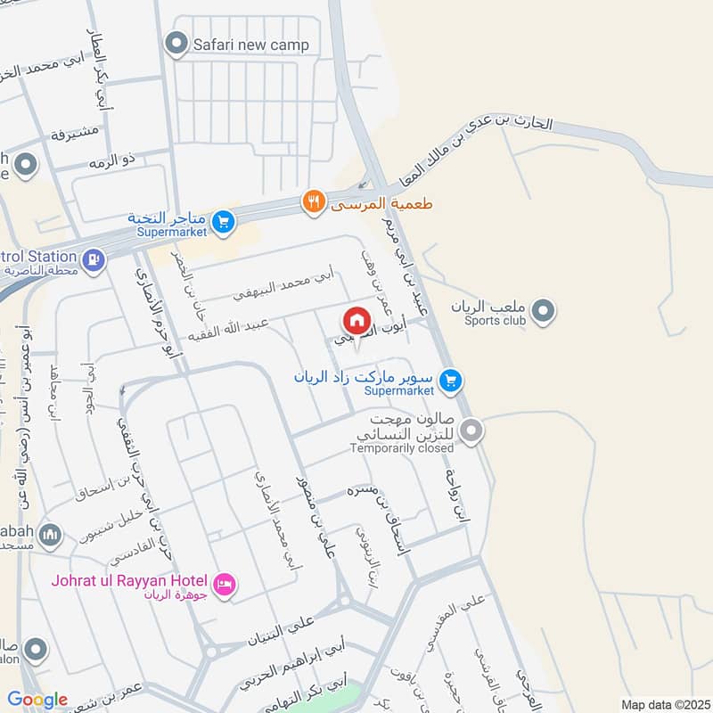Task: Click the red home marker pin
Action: click(356, 320)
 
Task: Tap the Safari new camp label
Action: click(252, 45)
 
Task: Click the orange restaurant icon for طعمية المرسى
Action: click(312, 202)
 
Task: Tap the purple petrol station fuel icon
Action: click(93, 260)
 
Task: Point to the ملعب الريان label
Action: click(489, 306)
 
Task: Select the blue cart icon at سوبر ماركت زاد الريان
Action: click(452, 381)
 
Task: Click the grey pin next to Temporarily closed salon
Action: click(472, 430)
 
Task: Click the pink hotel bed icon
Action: click(225, 584)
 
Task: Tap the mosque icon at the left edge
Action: click(51, 535)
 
